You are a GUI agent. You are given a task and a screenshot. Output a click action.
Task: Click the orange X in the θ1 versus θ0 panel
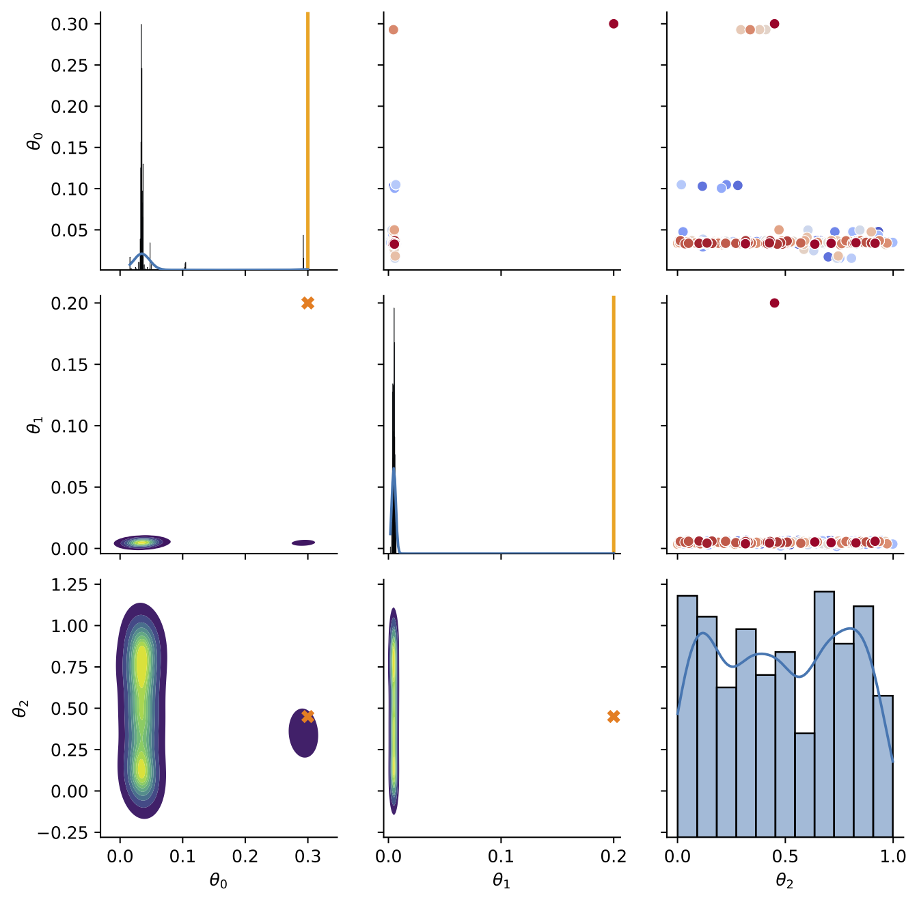(x=307, y=303)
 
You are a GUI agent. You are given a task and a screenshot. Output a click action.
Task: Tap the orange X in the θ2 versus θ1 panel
(x=614, y=716)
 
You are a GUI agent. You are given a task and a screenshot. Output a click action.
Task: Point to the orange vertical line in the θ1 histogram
(x=614, y=424)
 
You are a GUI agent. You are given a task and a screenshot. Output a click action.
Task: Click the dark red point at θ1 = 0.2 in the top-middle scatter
(x=614, y=24)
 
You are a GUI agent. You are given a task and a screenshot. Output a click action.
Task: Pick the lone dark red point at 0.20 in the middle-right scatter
(x=774, y=303)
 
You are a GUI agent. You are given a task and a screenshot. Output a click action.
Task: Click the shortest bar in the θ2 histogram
(x=804, y=783)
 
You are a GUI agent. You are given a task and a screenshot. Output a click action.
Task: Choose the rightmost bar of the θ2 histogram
(x=883, y=765)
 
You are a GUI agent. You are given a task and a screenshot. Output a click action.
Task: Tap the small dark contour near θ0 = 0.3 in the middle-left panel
(x=303, y=543)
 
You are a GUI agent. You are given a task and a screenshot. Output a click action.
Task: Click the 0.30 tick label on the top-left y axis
(x=70, y=24)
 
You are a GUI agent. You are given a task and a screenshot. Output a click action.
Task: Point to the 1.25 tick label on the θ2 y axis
(x=70, y=584)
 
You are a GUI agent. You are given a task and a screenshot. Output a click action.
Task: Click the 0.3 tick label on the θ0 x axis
(x=307, y=856)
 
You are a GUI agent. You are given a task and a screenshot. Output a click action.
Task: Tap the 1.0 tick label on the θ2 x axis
(x=892, y=856)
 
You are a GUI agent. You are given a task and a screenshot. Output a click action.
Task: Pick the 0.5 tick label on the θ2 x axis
(x=785, y=856)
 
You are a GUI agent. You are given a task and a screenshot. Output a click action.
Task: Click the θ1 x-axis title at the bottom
(x=502, y=881)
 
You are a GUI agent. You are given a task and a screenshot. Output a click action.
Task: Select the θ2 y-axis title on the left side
(x=20, y=709)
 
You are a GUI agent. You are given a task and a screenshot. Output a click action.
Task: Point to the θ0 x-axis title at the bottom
(x=219, y=881)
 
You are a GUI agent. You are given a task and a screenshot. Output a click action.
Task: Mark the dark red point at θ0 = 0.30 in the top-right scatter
(x=774, y=24)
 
